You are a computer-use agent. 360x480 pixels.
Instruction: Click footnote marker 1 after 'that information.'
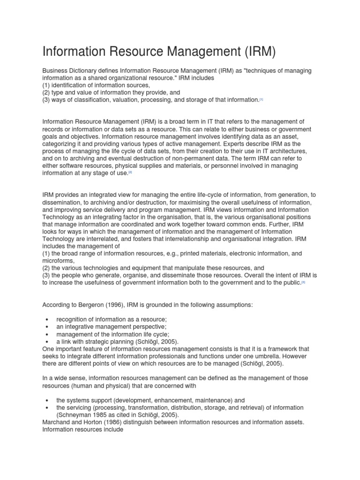pos(262,100)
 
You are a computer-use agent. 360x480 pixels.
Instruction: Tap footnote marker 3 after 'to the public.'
pos(303,283)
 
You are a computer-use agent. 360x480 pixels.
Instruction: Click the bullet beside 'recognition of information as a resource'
pos(48,319)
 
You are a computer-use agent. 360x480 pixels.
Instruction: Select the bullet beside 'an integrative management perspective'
pos(48,327)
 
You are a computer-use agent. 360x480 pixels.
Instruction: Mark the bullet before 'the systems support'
pos(48,400)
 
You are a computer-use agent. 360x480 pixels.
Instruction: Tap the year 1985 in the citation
pos(106,415)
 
